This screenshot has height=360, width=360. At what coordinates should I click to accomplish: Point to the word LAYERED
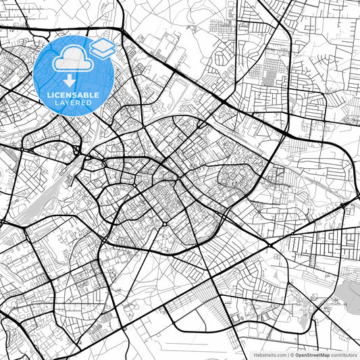coord(74,104)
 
